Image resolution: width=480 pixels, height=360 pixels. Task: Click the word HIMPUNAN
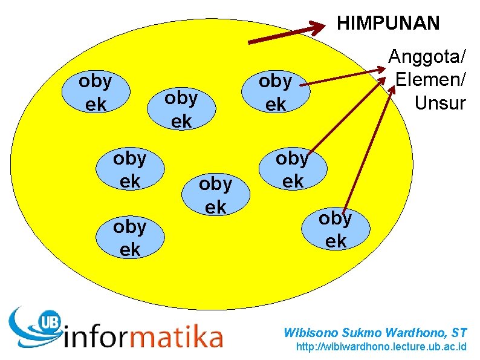(x=388, y=24)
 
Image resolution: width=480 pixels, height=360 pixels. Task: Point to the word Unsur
(x=440, y=103)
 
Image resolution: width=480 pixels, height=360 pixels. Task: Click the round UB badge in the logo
(x=50, y=322)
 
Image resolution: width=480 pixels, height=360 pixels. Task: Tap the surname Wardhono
(x=412, y=332)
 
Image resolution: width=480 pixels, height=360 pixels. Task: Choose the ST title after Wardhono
(x=459, y=332)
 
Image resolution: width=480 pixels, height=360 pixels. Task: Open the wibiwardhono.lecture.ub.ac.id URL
(x=381, y=347)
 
